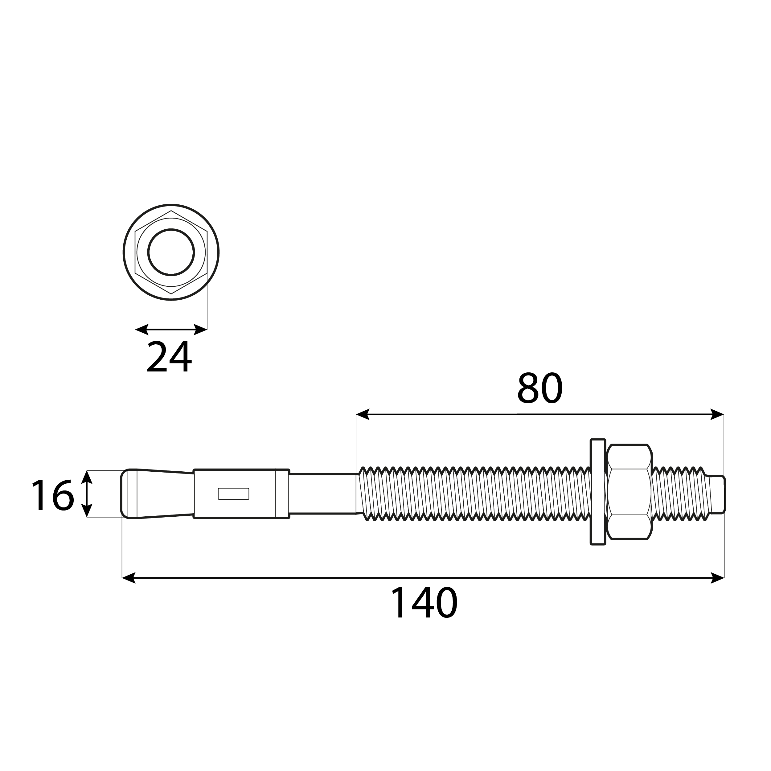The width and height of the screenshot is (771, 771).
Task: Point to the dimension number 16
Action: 52,495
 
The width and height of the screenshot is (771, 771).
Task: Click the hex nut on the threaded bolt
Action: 629,492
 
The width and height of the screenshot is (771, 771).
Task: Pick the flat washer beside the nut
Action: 598,492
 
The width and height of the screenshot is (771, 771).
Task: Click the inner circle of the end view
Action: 171,252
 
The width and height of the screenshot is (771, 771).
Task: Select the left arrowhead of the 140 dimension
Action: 129,577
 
